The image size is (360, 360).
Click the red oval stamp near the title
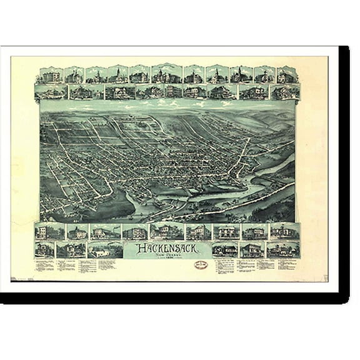coord(202,249)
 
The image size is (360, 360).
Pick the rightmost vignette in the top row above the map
coord(287,76)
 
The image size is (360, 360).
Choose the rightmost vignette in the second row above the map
coord(285,92)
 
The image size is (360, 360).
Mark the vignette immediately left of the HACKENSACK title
coord(106,251)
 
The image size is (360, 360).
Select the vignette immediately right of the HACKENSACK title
coord(224,250)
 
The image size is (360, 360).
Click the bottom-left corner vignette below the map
coord(44,250)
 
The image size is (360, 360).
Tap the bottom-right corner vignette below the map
coord(284,250)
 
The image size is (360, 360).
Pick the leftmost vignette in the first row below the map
coord(44,232)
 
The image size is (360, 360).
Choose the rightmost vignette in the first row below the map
coord(284,232)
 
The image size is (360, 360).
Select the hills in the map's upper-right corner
coord(275,119)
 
